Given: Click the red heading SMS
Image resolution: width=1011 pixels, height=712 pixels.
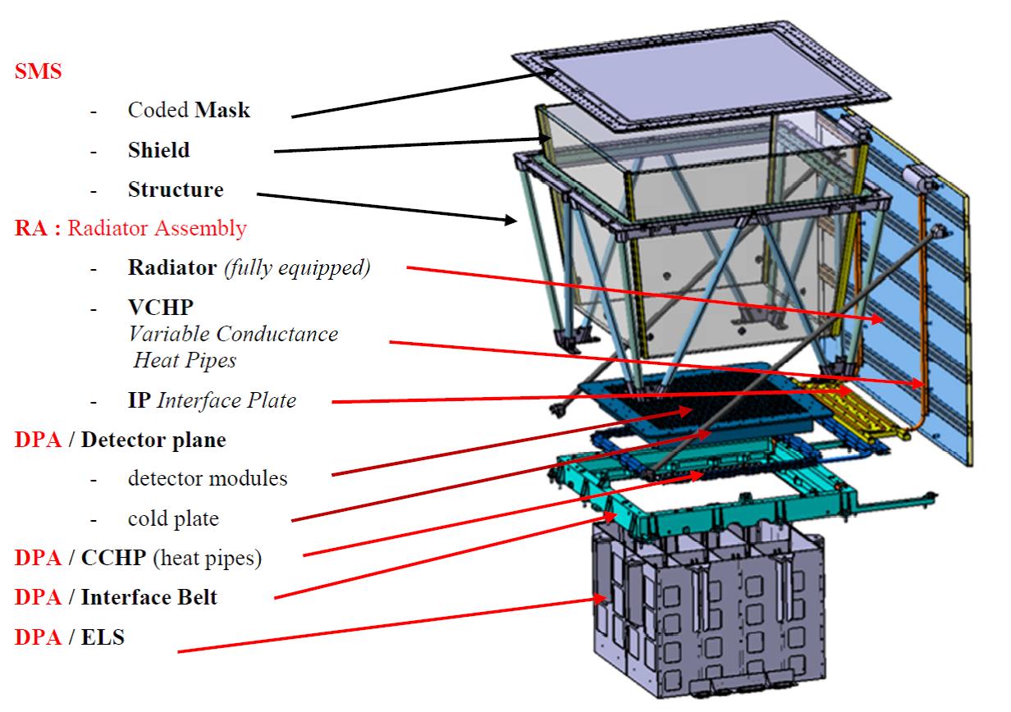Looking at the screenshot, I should (38, 71).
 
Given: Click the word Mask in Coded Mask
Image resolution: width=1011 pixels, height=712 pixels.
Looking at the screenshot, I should (222, 109).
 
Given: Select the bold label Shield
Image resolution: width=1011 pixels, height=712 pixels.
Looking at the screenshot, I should (158, 150).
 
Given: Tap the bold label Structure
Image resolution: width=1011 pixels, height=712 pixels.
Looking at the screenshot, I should (176, 189).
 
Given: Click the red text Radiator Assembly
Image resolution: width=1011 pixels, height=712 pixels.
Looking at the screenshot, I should (157, 228).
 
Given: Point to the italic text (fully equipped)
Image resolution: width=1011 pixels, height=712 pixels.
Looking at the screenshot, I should (296, 267).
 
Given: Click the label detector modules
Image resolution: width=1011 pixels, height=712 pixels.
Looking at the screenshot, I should (208, 478).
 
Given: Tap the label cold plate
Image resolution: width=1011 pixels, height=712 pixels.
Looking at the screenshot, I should (173, 518).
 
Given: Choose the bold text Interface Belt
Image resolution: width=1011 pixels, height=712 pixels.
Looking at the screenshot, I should (149, 597).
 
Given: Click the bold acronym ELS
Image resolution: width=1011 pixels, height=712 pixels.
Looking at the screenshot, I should (103, 637).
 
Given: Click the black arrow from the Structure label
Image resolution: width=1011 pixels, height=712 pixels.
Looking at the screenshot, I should (386, 207).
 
